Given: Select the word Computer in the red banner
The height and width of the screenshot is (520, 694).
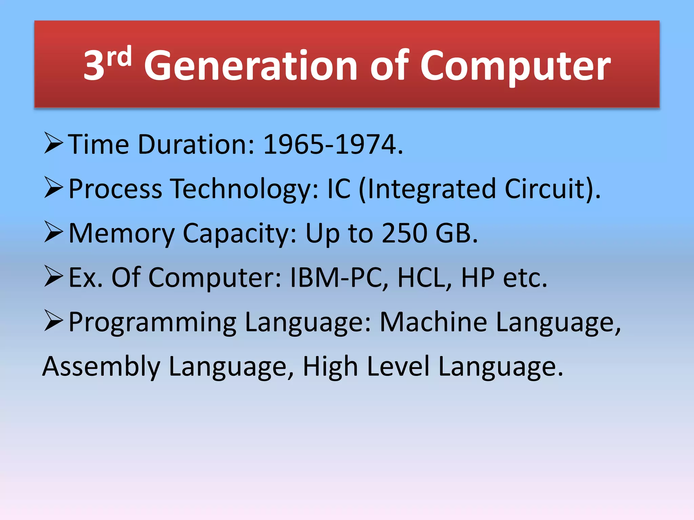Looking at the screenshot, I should (515, 66).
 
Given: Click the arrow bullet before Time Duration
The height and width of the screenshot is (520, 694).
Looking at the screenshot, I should (54, 144).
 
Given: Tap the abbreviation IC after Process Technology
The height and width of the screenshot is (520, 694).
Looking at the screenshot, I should (339, 189).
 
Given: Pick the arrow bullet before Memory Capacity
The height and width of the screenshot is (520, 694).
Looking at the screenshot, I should (54, 232).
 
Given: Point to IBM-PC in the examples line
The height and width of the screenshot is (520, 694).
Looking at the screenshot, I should (335, 278).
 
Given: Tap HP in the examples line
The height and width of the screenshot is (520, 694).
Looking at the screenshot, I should (478, 278).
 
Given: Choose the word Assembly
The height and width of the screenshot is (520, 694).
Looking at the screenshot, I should (101, 367).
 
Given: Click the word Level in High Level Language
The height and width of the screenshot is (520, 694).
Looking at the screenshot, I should (399, 366).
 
